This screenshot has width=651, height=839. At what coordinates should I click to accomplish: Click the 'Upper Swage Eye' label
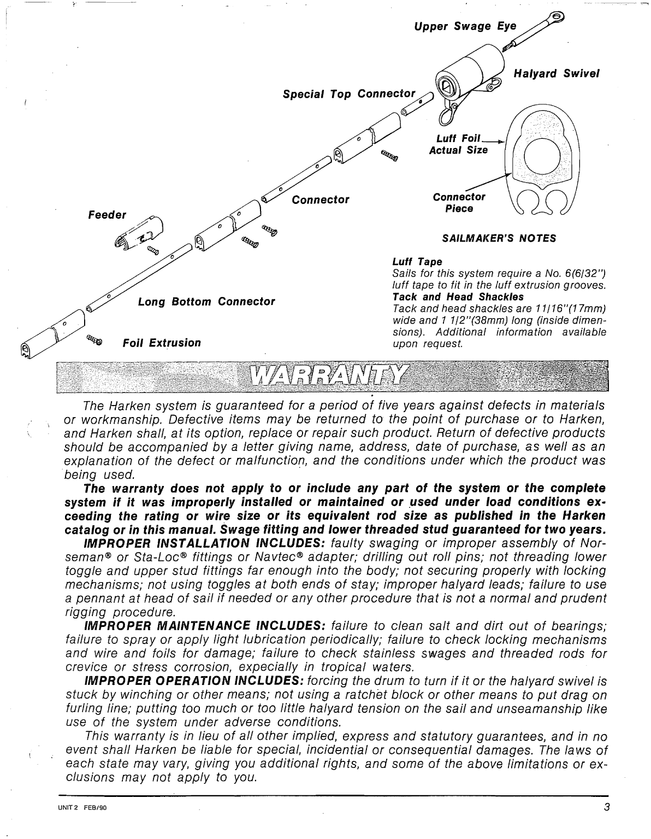coord(465,26)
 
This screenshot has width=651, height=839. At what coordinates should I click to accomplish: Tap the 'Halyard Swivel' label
coord(557,74)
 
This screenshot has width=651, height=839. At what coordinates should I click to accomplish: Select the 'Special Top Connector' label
coord(349,93)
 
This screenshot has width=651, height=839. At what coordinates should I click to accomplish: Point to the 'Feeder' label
coord(107,215)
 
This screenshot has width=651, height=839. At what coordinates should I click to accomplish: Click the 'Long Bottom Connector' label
coord(206,302)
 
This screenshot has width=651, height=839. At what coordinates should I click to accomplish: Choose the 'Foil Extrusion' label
coord(162,343)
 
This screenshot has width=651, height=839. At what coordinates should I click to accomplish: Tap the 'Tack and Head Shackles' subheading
coord(458,297)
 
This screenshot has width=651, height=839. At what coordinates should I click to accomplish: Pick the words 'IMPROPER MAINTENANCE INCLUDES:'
coord(205,626)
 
